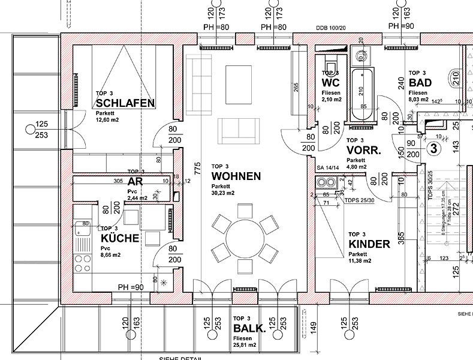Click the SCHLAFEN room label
click(125, 103)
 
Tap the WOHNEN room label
click(236, 176)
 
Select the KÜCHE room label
click(120, 238)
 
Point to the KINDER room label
click(369, 244)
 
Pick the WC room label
click(331, 83)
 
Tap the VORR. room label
click(363, 151)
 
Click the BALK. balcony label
click(249, 328)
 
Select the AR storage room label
click(134, 181)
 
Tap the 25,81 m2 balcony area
click(245, 346)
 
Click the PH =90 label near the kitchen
click(131, 287)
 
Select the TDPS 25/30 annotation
click(359, 200)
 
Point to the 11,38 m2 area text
click(360, 261)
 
